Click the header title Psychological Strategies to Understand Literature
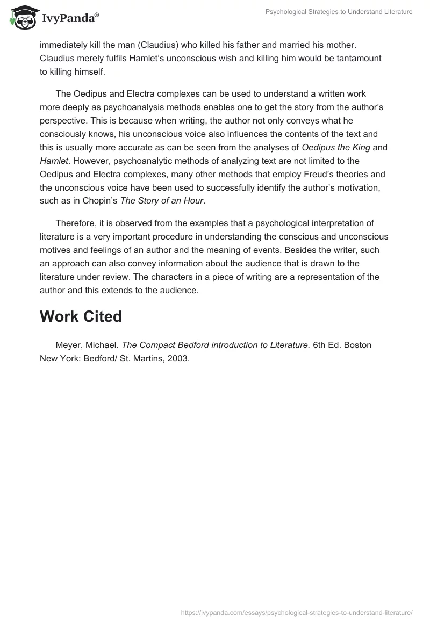[339, 12]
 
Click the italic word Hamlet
[53, 161]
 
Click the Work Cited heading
[81, 316]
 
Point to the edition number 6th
[321, 345]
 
